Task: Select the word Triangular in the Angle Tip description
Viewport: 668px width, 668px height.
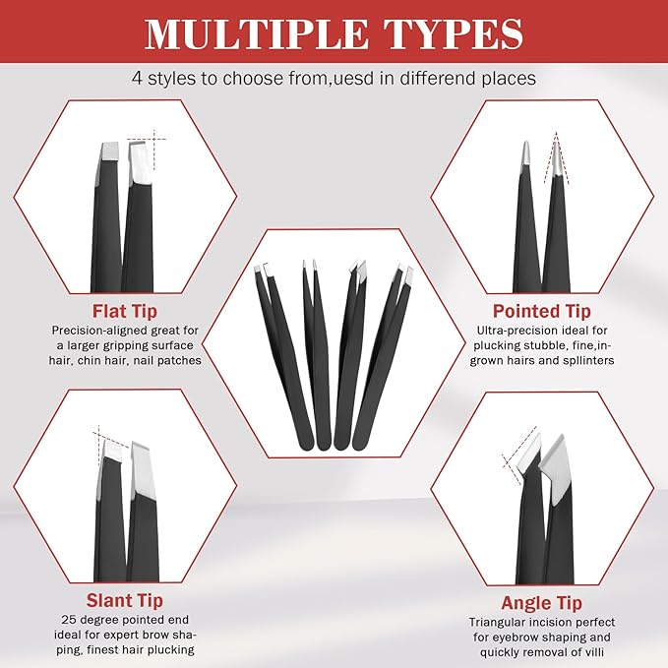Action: [502, 622]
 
